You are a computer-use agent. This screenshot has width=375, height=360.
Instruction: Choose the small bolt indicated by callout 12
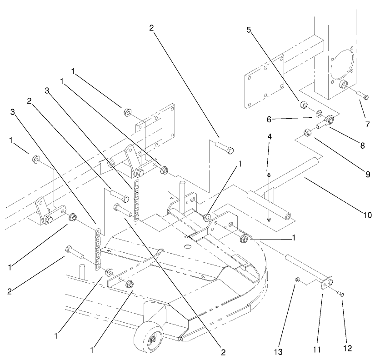point(342,294)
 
